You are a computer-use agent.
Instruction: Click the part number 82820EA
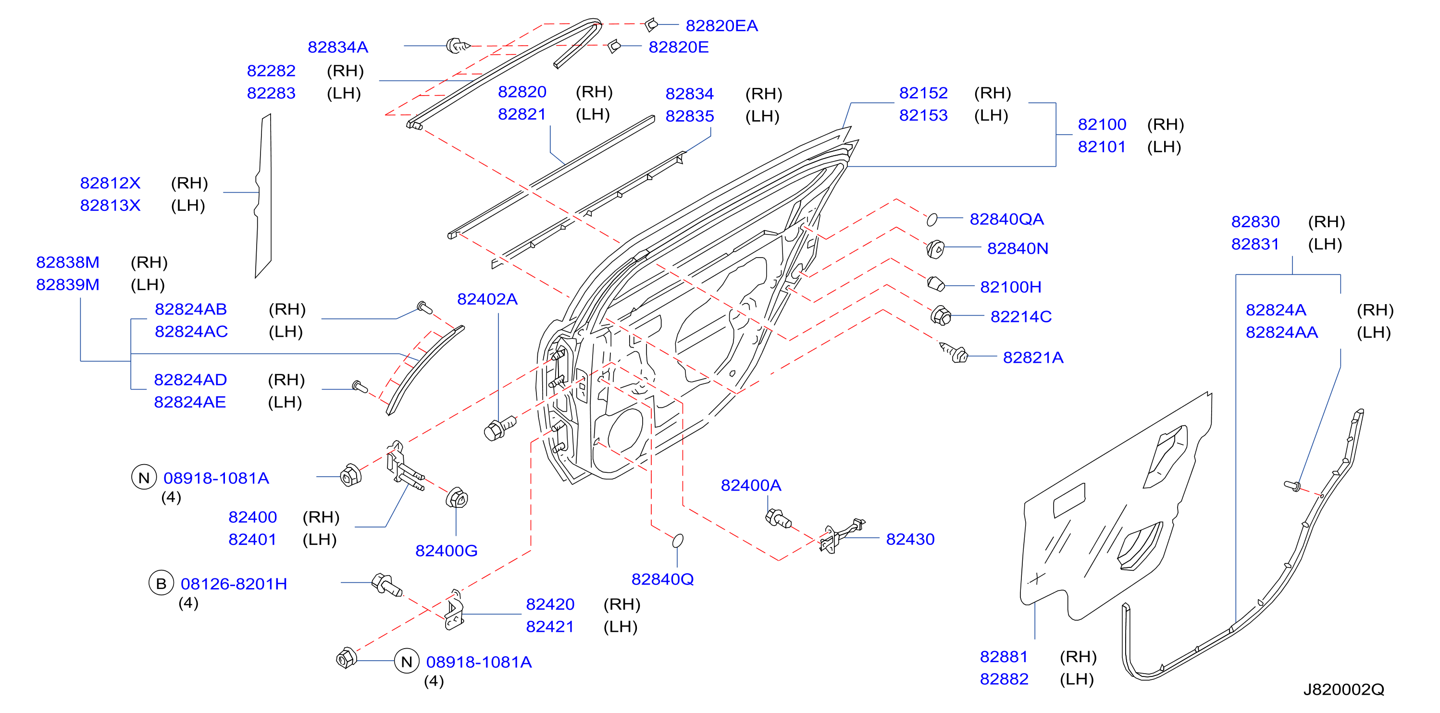(x=721, y=25)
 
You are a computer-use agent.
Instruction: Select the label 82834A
(x=337, y=47)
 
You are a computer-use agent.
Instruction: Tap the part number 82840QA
(x=1006, y=219)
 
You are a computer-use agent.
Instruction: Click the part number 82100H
(x=1011, y=287)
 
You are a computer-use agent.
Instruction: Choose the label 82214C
(x=1021, y=316)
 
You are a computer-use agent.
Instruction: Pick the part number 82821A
(x=1033, y=357)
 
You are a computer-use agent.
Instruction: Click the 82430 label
(x=910, y=539)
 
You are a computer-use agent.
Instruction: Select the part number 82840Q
(x=662, y=579)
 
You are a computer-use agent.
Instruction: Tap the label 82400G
(x=446, y=551)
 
